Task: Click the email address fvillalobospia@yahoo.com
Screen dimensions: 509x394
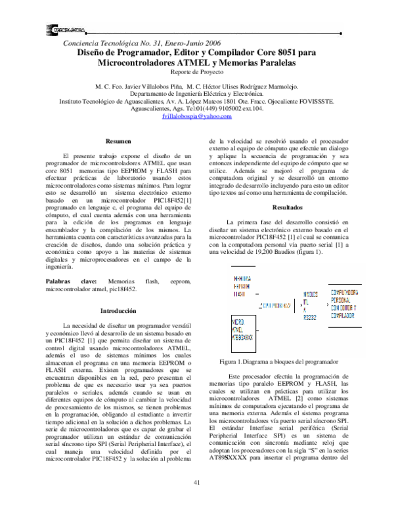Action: [x=196, y=115]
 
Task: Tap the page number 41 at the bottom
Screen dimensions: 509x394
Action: [x=196, y=484]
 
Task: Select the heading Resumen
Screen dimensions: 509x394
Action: [x=118, y=141]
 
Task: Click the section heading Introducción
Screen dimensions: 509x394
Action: [x=118, y=310]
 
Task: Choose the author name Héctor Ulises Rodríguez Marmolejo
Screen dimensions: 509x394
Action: [x=250, y=86]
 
